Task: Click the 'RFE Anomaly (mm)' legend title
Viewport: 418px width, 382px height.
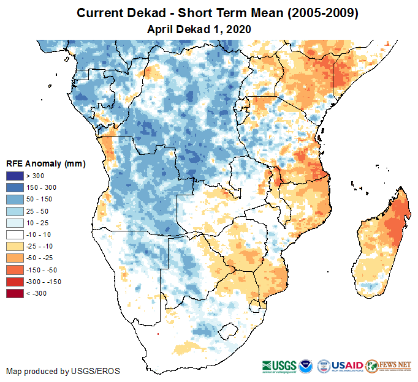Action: tap(46, 164)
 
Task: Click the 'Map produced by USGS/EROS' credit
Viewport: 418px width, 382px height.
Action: tap(63, 371)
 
